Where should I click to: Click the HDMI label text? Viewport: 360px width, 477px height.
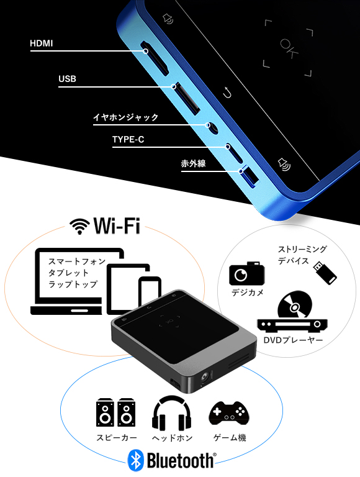(42, 43)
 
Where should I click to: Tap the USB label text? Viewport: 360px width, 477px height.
(67, 79)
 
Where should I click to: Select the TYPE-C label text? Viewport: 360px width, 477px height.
(128, 139)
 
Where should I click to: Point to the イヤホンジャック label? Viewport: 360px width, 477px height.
(125, 117)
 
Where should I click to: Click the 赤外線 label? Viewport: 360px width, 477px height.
(194, 163)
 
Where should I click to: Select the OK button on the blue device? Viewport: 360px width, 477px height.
(288, 48)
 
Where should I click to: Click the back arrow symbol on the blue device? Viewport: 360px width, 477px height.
(227, 93)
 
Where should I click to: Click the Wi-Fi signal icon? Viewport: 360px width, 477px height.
(79, 226)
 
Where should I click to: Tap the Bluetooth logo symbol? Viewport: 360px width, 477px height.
(135, 460)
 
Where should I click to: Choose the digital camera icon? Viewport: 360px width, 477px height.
(246, 273)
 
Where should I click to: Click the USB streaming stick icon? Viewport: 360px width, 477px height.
(325, 273)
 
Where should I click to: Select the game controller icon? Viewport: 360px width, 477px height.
(228, 413)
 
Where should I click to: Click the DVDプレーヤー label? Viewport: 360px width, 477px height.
(293, 340)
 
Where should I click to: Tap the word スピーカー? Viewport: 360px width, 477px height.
(117, 437)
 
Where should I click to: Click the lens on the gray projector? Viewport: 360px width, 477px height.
(205, 378)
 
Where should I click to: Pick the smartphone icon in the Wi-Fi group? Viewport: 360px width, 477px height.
(150, 291)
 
